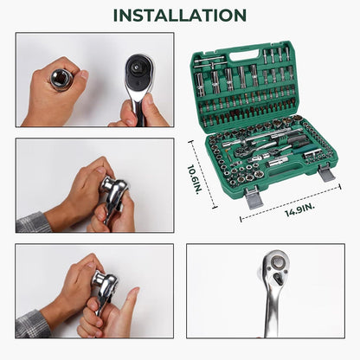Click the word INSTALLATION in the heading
[x=180, y=16]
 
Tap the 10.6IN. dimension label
[x=195, y=179]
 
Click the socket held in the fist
[x=61, y=79]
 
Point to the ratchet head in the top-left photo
[x=139, y=73]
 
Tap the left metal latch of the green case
[x=254, y=197]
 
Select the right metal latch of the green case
[x=326, y=173]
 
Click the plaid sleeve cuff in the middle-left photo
[x=33, y=222]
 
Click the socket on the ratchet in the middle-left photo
[x=109, y=185]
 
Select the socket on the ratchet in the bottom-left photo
[x=100, y=279]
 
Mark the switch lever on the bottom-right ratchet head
[x=279, y=278]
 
